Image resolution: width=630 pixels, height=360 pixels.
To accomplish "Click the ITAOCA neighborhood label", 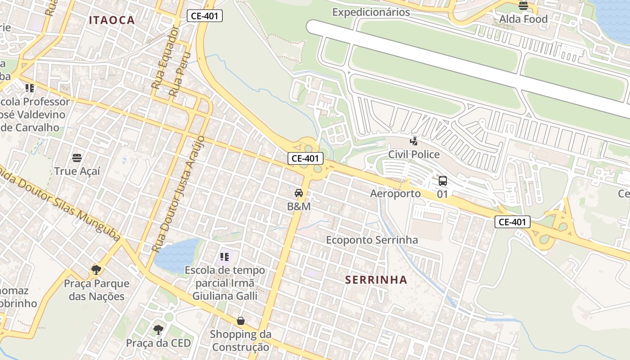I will tap(112, 20).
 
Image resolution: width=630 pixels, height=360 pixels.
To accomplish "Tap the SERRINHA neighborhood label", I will tap(376, 280).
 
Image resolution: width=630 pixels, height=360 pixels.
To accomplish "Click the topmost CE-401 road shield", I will tap(205, 16).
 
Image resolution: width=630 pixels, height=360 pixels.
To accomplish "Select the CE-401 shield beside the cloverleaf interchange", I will tap(306, 158).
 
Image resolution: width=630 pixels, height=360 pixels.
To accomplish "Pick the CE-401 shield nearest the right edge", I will tap(513, 222).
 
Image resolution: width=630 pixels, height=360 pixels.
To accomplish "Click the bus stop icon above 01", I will tap(443, 181).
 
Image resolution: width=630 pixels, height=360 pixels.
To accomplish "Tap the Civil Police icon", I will tap(414, 141).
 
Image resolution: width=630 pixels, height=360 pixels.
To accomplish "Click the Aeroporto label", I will tap(395, 193).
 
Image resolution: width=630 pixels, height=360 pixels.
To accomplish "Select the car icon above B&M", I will tap(298, 193).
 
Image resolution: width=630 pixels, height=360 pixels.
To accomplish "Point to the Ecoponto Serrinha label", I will tap(372, 240).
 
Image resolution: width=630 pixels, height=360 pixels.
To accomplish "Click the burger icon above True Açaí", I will tap(77, 158).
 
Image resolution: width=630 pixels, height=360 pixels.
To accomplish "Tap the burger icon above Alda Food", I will tap(523, 6).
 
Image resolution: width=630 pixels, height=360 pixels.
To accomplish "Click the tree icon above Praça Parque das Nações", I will tap(96, 270).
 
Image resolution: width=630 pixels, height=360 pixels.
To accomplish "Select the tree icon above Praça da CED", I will tap(158, 330).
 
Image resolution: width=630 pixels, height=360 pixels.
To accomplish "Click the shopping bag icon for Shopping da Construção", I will tap(241, 321).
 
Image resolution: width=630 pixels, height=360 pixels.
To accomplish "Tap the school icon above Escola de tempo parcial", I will tap(225, 257).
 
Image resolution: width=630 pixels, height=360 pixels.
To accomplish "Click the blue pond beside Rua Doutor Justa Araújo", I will tap(177, 255).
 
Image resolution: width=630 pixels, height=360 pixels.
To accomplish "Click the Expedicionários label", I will tap(371, 12).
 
